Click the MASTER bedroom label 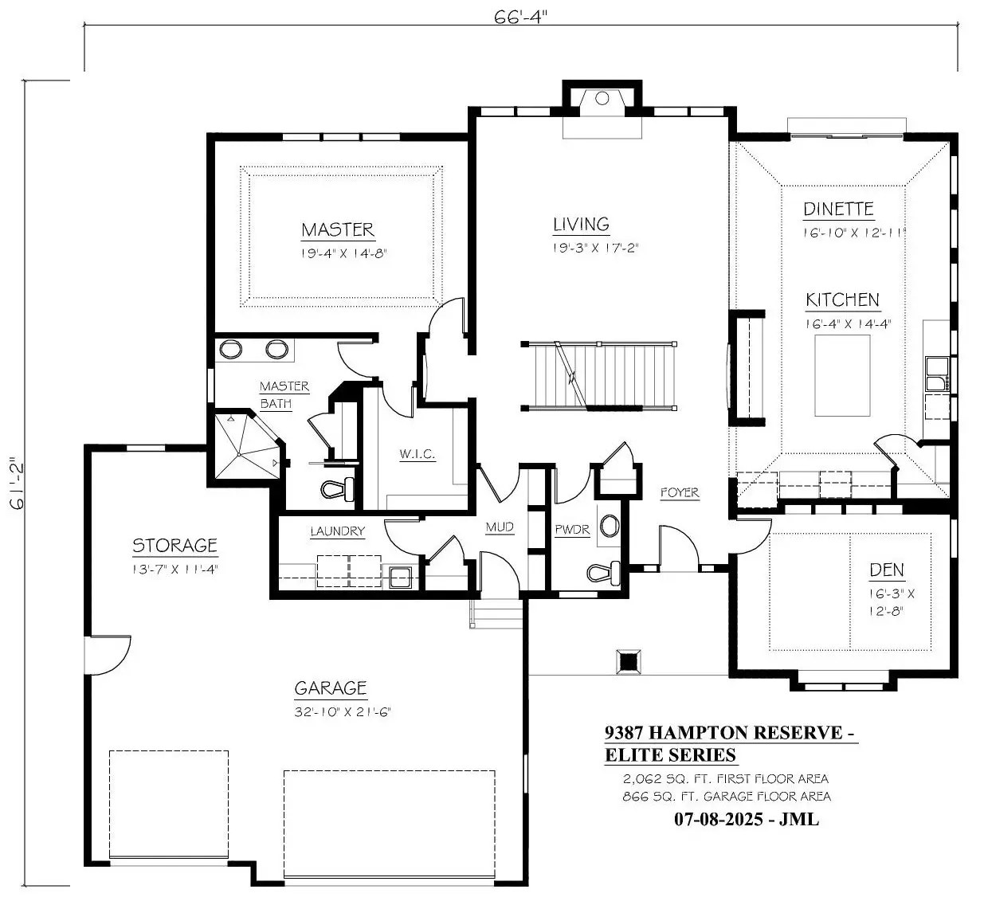(x=338, y=229)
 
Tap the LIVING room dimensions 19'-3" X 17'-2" (x=595, y=249)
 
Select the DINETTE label (x=838, y=210)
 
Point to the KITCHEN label (x=843, y=300)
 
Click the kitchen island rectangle (x=842, y=375)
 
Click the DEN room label (x=886, y=570)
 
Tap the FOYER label (x=680, y=492)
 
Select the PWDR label (x=572, y=530)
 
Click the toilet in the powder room (x=604, y=572)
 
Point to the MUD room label (x=500, y=527)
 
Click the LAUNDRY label (x=338, y=531)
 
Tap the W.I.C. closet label (x=417, y=454)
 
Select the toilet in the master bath (x=338, y=488)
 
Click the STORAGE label (x=175, y=546)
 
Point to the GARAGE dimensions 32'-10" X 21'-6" (x=343, y=711)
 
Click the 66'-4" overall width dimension (x=520, y=18)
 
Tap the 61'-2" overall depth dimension (x=16, y=484)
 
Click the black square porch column (x=629, y=662)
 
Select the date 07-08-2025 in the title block (x=719, y=820)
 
